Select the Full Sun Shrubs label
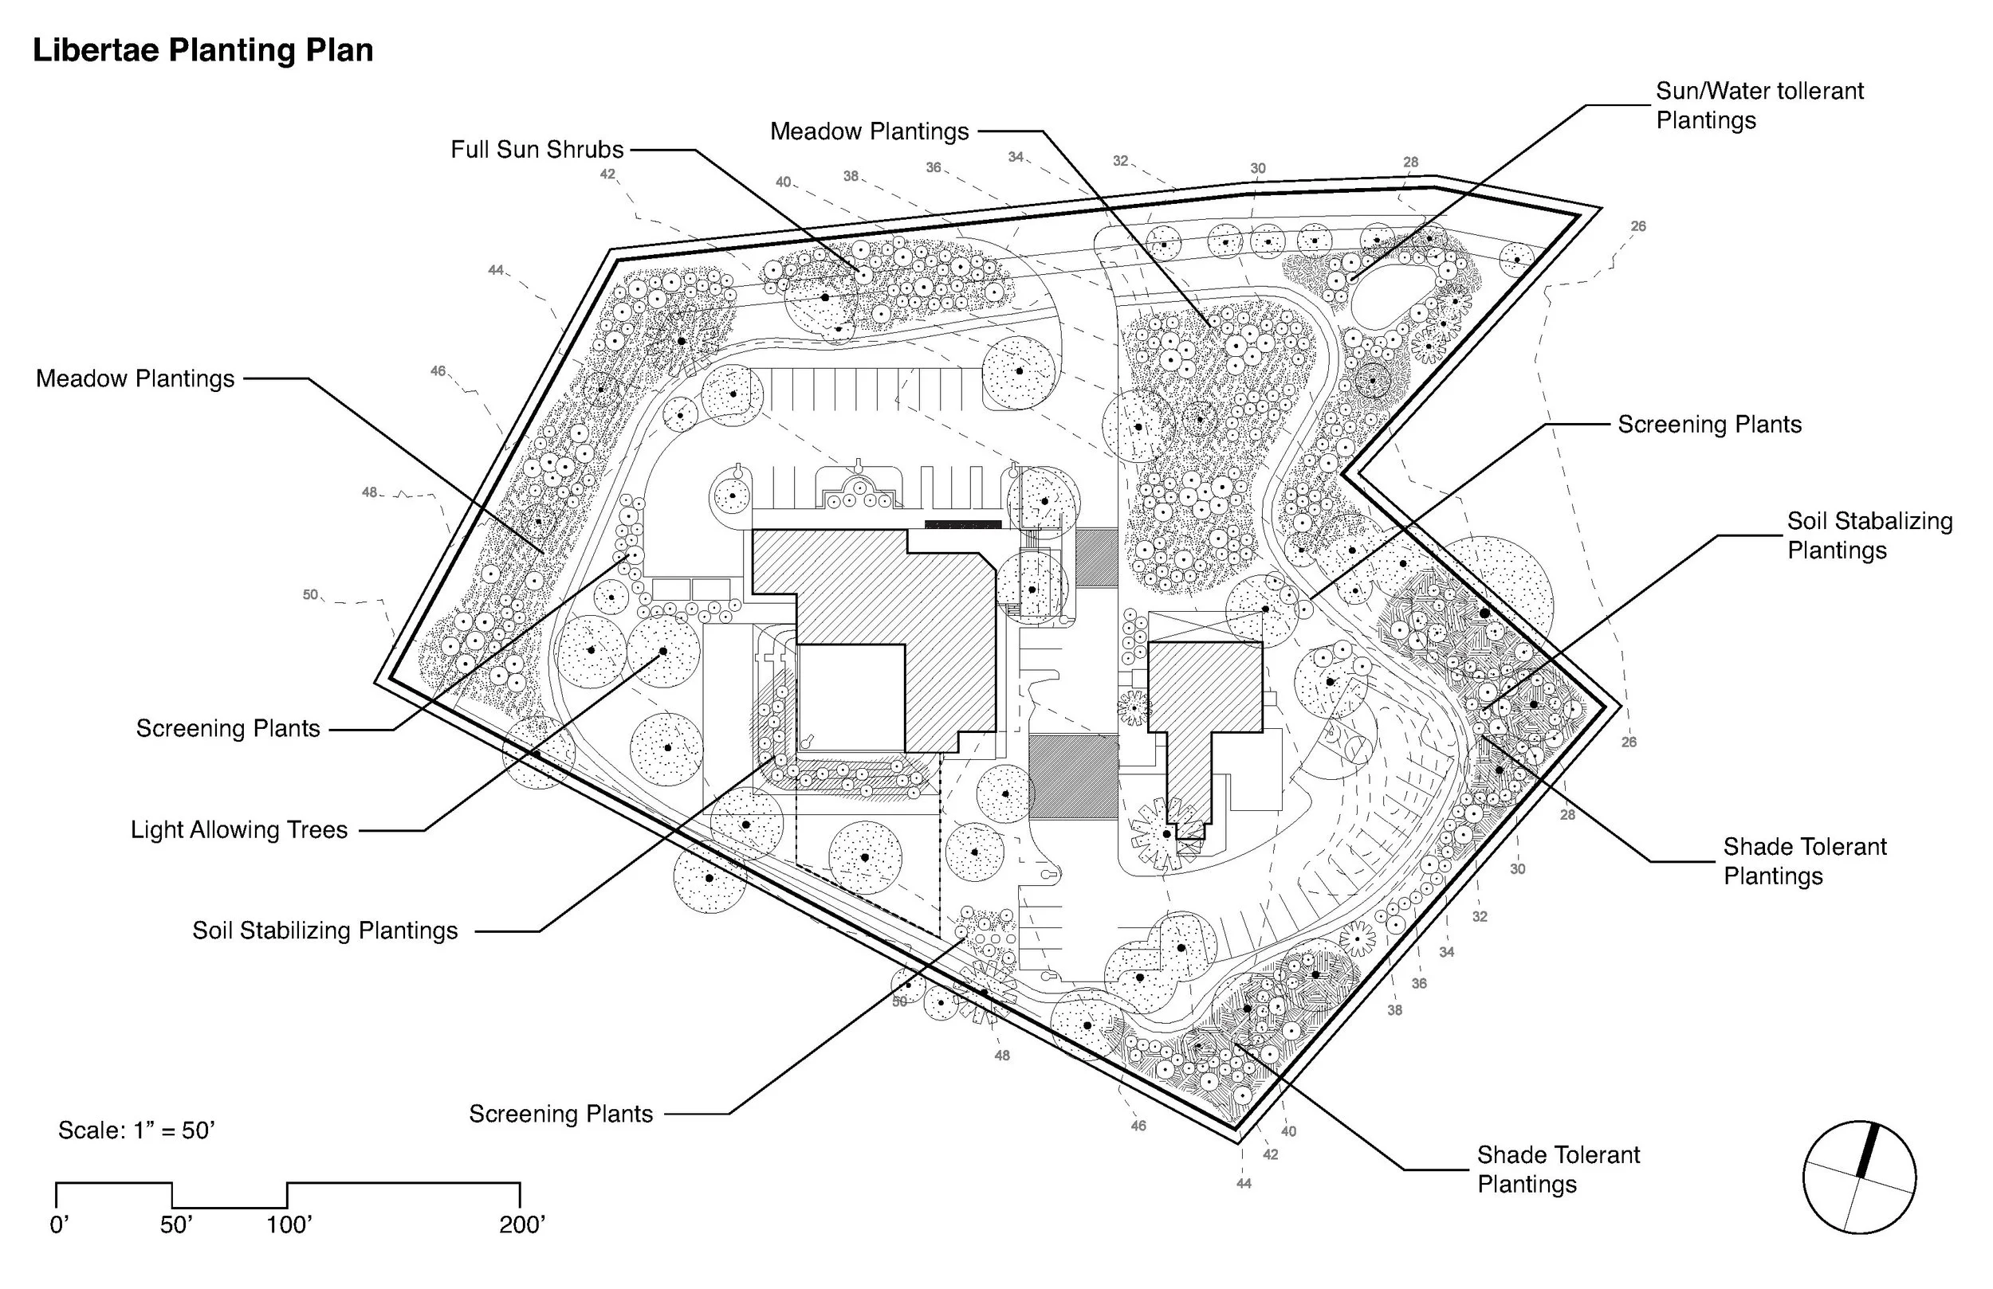537,150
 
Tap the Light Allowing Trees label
238,830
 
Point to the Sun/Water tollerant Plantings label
1759,105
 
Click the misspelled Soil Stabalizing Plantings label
1869,535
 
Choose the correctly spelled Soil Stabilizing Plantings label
325,931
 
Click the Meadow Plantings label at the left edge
135,379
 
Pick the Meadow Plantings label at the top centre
869,131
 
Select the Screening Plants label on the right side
1709,425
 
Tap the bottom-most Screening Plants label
560,1114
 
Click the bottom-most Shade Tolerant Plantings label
1558,1170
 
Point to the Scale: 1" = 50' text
136,1130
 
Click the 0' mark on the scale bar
59,1225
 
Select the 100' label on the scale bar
289,1225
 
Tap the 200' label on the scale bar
521,1225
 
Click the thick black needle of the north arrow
1868,1151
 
